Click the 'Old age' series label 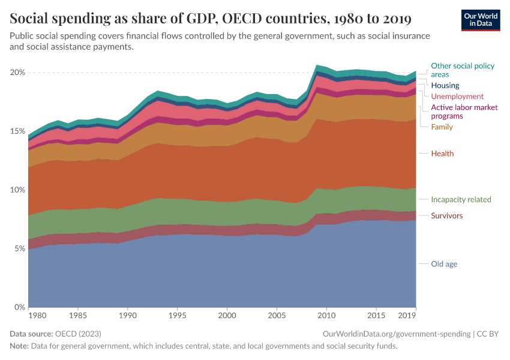pyautogui.click(x=444, y=264)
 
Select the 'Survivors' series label pyautogui.click(x=447, y=216)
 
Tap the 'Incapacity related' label pyautogui.click(x=461, y=200)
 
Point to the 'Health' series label pyautogui.click(x=442, y=154)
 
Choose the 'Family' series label pyautogui.click(x=442, y=127)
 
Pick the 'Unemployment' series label pyautogui.click(x=457, y=97)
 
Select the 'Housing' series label pyautogui.click(x=445, y=86)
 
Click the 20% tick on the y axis pyautogui.click(x=17, y=73)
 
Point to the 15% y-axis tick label pyautogui.click(x=17, y=131)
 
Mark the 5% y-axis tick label pyautogui.click(x=19, y=249)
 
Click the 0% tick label pyautogui.click(x=19, y=308)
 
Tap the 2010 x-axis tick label pyautogui.click(x=326, y=316)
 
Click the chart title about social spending pyautogui.click(x=211, y=19)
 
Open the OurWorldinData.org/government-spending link pyautogui.click(x=396, y=334)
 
